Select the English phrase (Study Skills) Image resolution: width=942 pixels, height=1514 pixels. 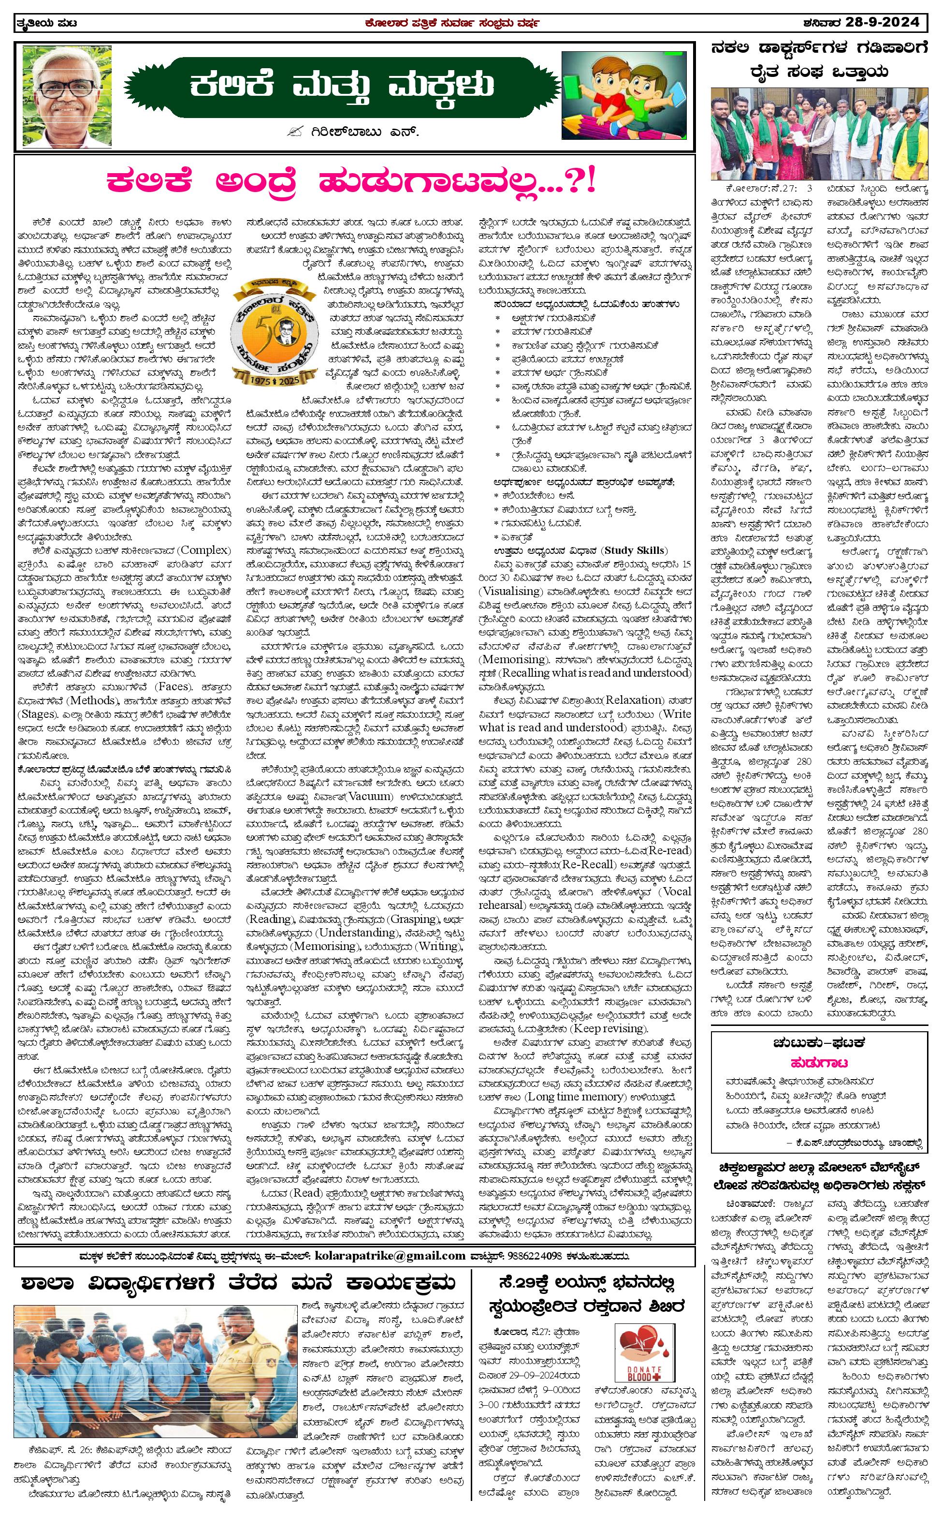tap(634, 550)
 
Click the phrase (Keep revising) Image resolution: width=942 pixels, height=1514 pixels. tap(612, 1028)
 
